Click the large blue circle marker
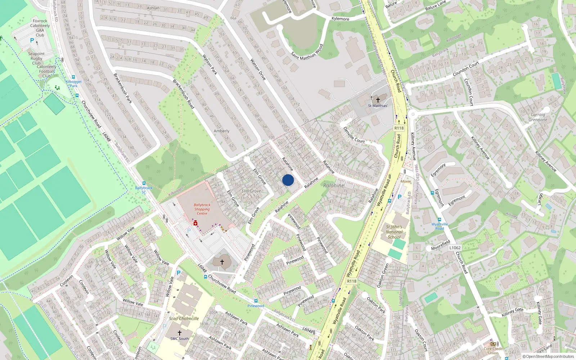coord(288,180)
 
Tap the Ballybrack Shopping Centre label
coord(202,209)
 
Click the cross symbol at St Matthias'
coord(378,100)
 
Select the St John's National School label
coord(394,232)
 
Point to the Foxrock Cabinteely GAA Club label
coord(40,28)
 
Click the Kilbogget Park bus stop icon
coord(73,77)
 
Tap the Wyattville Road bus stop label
coord(440,226)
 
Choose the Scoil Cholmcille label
coord(184,319)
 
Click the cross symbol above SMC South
coord(179,333)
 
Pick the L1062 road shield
coord(455,248)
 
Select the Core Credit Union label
coord(493,351)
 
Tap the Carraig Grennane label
coord(538,117)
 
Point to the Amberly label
coord(221,131)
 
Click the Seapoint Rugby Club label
coord(36,58)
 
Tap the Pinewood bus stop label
coord(256,306)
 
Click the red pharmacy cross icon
coord(195,224)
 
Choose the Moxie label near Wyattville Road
coord(405,181)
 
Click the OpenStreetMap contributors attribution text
coord(548,357)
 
